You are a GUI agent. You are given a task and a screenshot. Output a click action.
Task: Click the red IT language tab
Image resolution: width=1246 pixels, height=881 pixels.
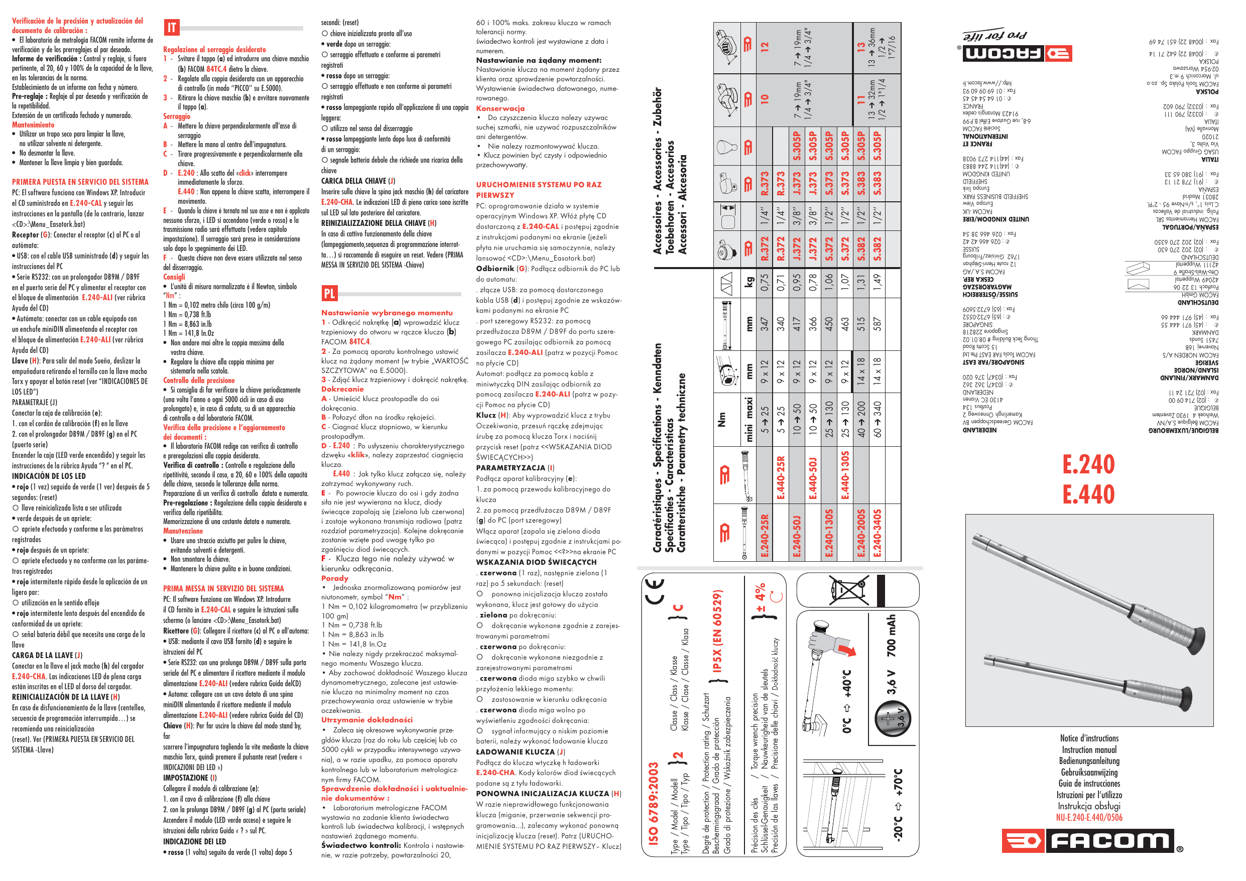172,28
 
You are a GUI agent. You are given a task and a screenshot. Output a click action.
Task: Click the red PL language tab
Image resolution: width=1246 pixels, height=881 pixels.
329,294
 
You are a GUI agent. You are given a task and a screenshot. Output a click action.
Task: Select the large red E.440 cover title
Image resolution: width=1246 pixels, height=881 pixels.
1088,494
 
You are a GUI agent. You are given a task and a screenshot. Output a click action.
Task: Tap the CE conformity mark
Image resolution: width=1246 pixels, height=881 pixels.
656,591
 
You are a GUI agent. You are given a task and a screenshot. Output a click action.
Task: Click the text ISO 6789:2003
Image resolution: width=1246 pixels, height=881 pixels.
654,803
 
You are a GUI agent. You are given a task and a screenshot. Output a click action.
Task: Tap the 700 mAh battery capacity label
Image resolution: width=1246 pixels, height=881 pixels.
891,636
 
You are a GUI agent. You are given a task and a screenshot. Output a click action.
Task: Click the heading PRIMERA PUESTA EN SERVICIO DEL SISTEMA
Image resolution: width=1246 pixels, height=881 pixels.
80,182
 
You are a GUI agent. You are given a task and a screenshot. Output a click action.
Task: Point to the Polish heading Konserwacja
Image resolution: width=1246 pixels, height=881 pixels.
501,108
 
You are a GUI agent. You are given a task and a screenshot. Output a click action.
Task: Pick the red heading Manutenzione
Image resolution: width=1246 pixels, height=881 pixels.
183,531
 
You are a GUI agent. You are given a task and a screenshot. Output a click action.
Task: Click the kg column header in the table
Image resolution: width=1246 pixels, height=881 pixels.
749,282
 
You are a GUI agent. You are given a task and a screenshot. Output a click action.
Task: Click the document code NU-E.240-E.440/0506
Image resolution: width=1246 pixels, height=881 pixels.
1089,817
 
